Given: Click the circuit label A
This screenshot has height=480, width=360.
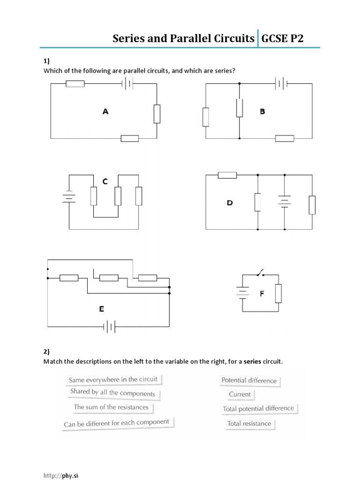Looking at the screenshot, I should [x=105, y=112].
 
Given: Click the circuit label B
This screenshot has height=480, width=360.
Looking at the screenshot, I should [x=262, y=112].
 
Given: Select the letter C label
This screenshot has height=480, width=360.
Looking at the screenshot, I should [x=105, y=181].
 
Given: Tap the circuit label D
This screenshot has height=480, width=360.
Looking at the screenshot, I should [x=230, y=203].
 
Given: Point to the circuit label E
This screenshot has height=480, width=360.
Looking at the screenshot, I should [x=101, y=309].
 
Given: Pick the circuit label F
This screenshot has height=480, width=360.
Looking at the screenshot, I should [x=262, y=294].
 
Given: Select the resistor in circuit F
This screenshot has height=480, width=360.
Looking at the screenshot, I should [x=278, y=293].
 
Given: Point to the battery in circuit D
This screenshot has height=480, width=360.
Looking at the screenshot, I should [x=285, y=202].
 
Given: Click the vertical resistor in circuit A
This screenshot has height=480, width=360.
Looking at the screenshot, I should [x=157, y=114].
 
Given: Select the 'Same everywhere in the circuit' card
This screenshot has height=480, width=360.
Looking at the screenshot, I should [x=113, y=380].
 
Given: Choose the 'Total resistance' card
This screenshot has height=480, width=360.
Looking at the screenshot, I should [x=249, y=424].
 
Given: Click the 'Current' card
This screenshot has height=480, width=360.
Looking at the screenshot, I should [x=240, y=395].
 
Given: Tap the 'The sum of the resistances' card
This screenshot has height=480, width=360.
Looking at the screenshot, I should [x=111, y=407].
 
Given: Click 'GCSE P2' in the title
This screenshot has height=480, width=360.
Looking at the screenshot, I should [x=283, y=38].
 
